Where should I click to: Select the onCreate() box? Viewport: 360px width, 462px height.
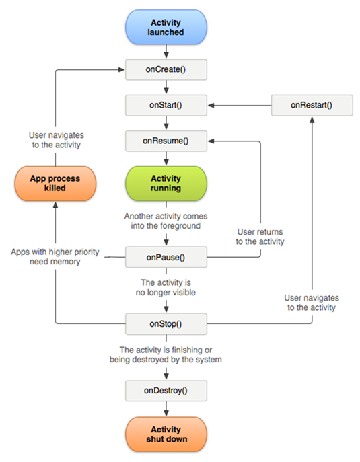(166, 69)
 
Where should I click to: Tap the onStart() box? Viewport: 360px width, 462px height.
(166, 105)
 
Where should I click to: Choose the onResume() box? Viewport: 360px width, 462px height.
(166, 141)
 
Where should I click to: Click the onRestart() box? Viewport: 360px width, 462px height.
(312, 105)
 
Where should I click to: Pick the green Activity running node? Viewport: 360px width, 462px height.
(166, 184)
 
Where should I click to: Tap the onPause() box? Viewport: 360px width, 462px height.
(166, 256)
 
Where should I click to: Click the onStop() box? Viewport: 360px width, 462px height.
(166, 324)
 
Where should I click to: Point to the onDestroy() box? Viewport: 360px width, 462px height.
(166, 391)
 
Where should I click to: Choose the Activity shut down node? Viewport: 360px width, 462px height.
(166, 435)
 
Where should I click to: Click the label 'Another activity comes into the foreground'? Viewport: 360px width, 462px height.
(166, 221)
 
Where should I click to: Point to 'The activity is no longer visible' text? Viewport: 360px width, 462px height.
(166, 288)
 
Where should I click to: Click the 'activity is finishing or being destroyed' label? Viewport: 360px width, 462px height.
(166, 354)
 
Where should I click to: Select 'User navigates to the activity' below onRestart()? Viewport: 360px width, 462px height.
(312, 302)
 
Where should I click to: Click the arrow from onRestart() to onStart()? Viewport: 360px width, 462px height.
(239, 105)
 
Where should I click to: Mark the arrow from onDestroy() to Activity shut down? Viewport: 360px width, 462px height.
(166, 409)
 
